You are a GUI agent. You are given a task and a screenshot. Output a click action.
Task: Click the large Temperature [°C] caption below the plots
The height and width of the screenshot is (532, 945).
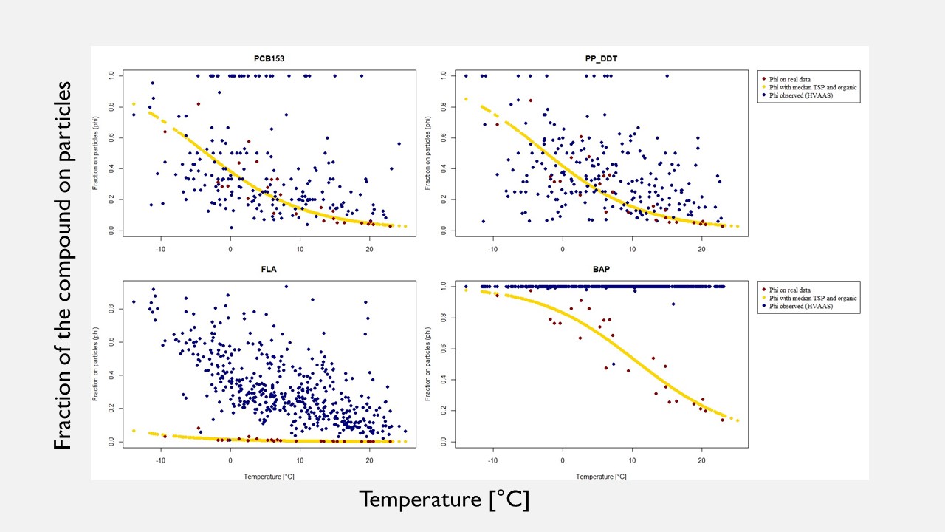coord(444,499)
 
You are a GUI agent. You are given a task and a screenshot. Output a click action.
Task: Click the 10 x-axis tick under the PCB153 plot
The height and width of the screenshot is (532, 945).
coord(300,249)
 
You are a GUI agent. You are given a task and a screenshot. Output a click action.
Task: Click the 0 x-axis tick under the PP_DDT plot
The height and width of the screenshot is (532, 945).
coord(563,249)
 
